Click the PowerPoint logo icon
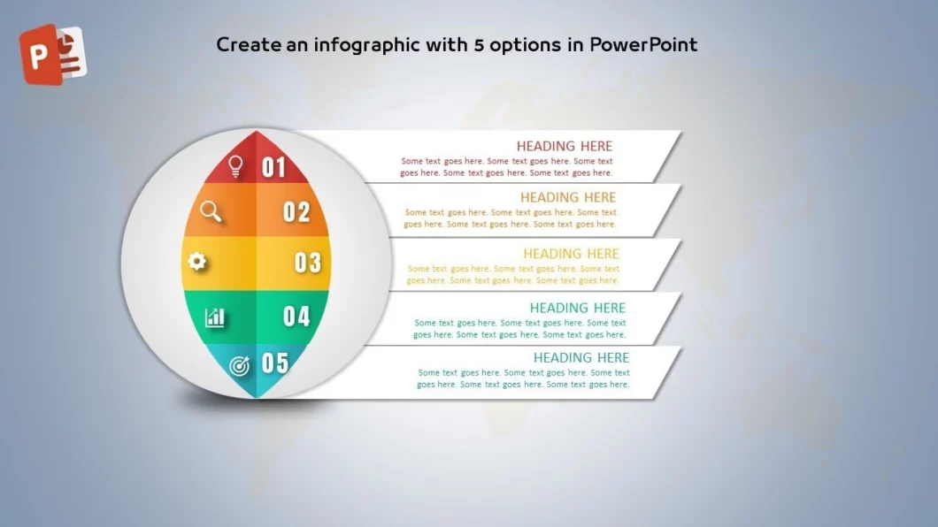pos(53,54)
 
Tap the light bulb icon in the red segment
pos(235,166)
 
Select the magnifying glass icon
pos(211,211)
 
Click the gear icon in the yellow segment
pos(196,261)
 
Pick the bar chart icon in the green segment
pos(215,317)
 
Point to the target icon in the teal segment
pos(240,366)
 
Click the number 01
pos(274,167)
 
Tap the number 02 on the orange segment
pos(296,212)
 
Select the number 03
pos(308,263)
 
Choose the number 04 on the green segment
pos(296,316)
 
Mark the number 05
pos(275,363)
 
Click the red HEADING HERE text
pos(564,146)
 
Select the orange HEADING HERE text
pos(568,197)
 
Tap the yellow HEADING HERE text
pos(571,254)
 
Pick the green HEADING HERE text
pos(577,308)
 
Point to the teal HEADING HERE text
pos(580,357)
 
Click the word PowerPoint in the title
pos(643,44)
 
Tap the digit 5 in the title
pos(479,45)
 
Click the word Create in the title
pos(249,45)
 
